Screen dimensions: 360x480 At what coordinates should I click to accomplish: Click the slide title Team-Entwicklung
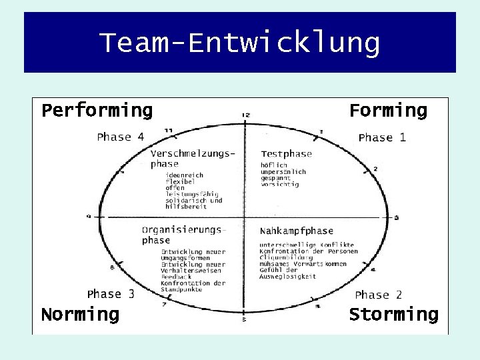click(240, 43)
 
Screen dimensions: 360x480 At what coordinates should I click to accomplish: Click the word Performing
click(97, 110)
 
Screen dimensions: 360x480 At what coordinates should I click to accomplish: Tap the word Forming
click(388, 110)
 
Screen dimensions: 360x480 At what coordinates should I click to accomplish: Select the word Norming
click(80, 314)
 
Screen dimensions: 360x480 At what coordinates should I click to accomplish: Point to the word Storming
click(394, 314)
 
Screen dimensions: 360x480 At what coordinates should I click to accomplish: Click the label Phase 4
click(120, 137)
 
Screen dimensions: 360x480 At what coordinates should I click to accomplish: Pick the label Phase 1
click(382, 138)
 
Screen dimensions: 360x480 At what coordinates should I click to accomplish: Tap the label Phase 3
click(111, 294)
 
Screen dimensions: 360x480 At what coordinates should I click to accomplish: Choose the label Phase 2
click(378, 295)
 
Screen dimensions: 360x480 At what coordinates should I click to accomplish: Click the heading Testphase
click(286, 154)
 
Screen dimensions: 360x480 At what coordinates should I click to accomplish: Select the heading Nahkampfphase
click(296, 231)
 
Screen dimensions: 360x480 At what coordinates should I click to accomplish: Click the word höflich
click(274, 165)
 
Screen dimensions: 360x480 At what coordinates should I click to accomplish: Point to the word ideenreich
click(184, 175)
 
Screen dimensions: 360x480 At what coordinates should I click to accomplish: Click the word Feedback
click(176, 277)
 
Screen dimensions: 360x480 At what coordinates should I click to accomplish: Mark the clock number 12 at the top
click(245, 115)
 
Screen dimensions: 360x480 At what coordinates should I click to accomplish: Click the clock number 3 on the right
click(397, 218)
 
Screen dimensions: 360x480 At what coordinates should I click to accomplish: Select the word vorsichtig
click(280, 185)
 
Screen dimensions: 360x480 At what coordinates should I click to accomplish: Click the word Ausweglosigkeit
click(288, 277)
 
